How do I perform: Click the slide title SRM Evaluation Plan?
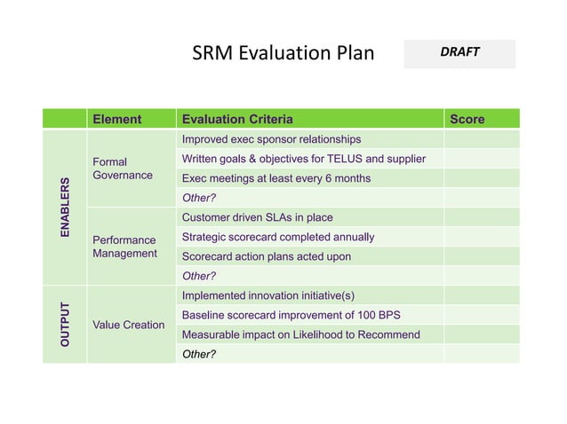point(283,53)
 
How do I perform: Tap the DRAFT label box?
point(459,53)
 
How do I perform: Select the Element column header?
point(117,119)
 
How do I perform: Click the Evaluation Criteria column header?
point(237,119)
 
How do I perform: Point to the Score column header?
point(467,119)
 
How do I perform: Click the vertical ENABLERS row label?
point(64,207)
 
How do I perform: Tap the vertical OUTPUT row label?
point(64,324)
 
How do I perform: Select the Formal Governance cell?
point(123,169)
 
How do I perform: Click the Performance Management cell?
point(124,247)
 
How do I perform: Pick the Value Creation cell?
point(129,325)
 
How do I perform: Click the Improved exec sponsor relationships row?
point(271,139)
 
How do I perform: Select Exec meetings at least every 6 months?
point(276,178)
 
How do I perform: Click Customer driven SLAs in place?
point(257,217)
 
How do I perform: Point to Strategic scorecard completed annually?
point(277,237)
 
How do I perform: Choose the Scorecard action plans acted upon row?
point(266,256)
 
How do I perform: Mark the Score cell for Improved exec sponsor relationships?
point(481,139)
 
